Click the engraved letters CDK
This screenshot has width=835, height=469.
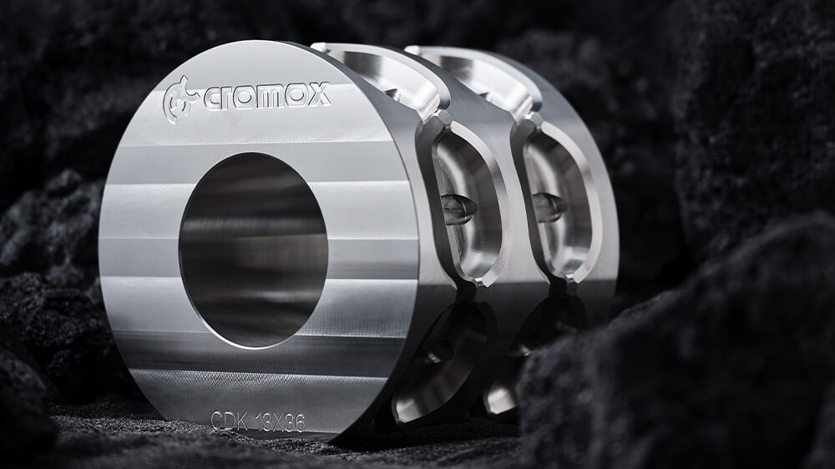tap(230, 420)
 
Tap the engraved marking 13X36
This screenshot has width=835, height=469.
tap(281, 421)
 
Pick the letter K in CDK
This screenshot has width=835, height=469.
tap(241, 421)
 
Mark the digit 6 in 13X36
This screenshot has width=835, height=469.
tap(299, 423)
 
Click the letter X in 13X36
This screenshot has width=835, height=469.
tap(277, 421)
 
